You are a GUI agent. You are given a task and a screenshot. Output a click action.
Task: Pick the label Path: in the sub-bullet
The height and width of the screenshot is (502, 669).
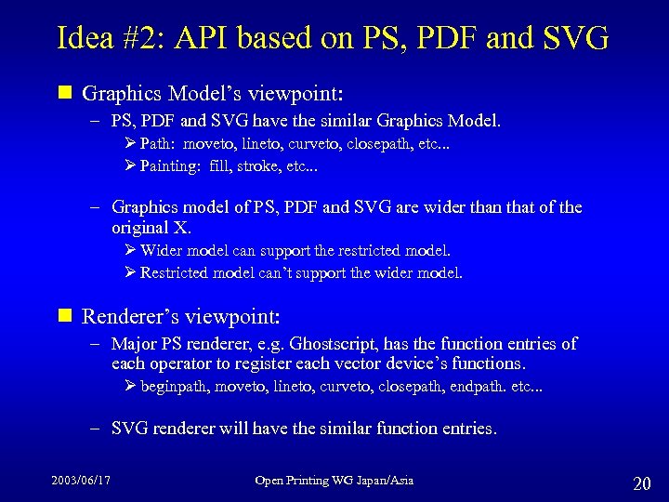[x=159, y=144]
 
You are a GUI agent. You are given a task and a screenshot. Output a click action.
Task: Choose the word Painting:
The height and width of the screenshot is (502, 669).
[x=171, y=166]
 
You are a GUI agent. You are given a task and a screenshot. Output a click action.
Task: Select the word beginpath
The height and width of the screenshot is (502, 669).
[x=173, y=386]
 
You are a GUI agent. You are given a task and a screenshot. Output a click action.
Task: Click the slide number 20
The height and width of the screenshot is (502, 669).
[x=641, y=483]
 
